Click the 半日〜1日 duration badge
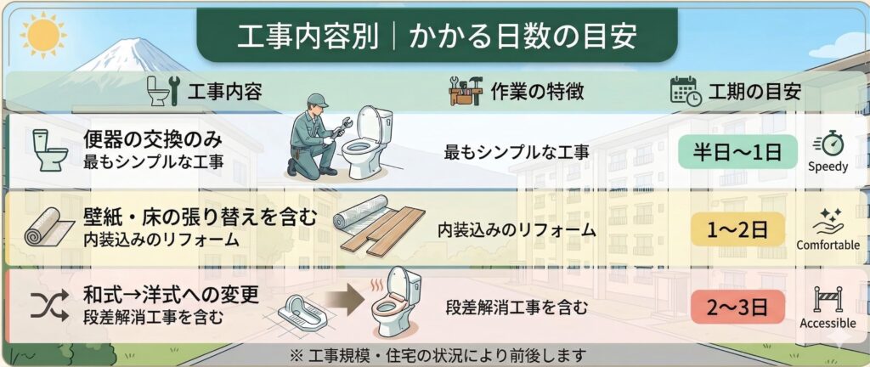[737, 153]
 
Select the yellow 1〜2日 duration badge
[737, 229]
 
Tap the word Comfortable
[828, 246]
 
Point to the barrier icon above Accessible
[828, 299]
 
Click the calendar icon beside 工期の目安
[684, 90]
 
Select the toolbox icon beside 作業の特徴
[466, 90]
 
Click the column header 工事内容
[223, 91]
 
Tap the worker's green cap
[317, 99]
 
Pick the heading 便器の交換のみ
[153, 138]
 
